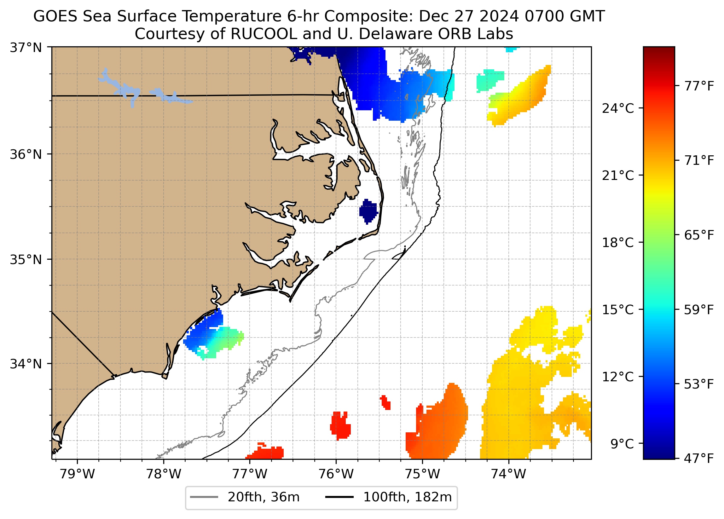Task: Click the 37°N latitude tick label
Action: tap(26, 48)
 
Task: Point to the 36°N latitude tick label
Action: tap(26, 154)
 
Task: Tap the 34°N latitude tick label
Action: tap(26, 364)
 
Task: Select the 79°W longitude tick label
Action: tap(77, 474)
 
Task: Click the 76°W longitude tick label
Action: tap(336, 474)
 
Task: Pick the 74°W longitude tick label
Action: tap(508, 474)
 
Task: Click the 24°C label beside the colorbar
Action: tap(618, 109)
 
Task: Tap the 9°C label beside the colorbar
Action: tap(622, 444)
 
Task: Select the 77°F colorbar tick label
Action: tap(699, 86)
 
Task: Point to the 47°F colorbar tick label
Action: tap(699, 459)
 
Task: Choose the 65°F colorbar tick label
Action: tap(699, 235)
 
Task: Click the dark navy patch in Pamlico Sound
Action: tap(368, 211)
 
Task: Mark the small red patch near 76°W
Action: tap(340, 425)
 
